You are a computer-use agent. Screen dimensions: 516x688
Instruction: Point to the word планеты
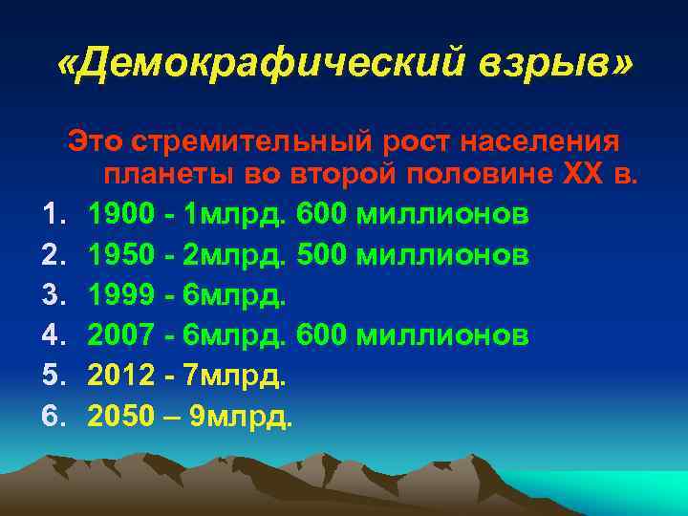click(159, 176)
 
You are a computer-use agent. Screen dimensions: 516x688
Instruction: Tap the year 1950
click(122, 254)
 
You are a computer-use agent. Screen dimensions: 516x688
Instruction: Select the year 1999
click(122, 295)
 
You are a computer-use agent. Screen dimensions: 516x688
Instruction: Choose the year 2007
click(122, 335)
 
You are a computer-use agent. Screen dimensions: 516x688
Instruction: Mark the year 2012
click(122, 376)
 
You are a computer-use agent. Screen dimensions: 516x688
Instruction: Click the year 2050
click(122, 417)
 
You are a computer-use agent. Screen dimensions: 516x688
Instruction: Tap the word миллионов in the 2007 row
click(441, 335)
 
